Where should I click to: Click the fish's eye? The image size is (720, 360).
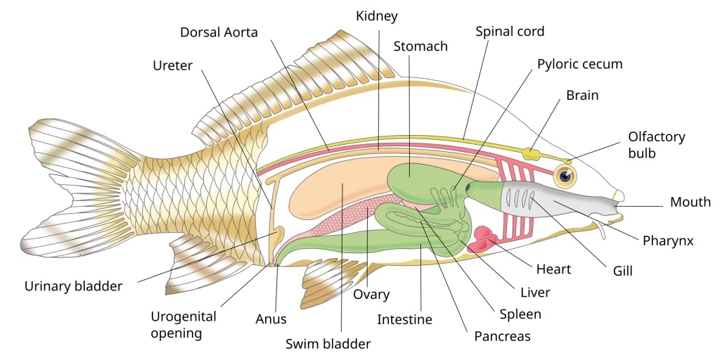coord(564,176)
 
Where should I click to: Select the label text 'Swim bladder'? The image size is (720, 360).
coord(328,344)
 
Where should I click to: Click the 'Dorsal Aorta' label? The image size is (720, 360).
coord(219,33)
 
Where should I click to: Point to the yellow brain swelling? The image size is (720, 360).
coord(532,152)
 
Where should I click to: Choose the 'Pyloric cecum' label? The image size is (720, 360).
coord(579,64)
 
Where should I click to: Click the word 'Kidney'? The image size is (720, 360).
coord(378,15)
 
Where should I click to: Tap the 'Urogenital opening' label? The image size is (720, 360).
coord(184,324)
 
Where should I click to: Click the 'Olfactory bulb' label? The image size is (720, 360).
coord(656,144)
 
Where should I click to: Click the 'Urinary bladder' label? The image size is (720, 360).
coord(73,286)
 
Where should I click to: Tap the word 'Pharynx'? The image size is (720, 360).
coord(668,240)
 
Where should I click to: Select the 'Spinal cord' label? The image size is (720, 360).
coord(510,32)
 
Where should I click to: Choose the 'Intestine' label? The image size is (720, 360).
coord(404,319)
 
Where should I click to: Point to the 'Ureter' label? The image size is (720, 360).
coord(172,65)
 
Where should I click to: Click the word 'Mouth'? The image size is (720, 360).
coord(690,203)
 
